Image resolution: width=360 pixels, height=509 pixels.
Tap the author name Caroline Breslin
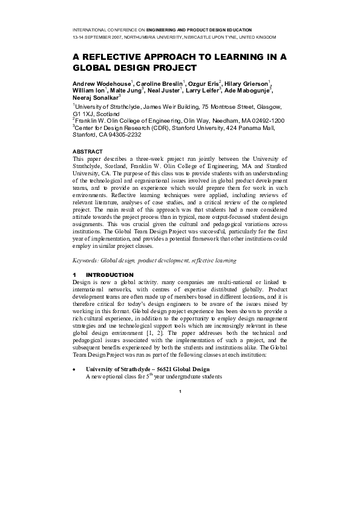[x=160, y=82]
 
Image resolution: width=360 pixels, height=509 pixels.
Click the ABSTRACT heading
[x=87, y=151]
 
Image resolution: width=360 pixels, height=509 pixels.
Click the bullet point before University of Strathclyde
[x=74, y=369]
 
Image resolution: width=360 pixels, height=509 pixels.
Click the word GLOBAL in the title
[x=95, y=68]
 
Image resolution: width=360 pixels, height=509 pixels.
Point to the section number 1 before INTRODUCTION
[x=74, y=274]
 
